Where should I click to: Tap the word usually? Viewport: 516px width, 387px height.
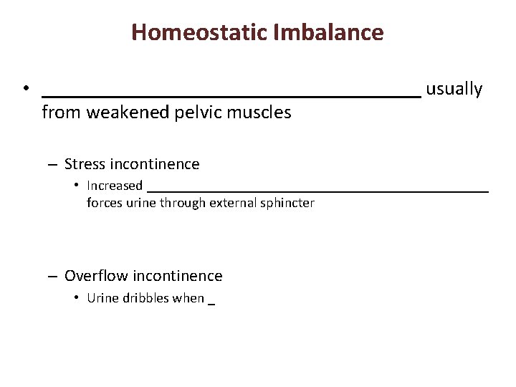coord(454,89)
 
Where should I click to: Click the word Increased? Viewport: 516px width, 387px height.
coord(115,186)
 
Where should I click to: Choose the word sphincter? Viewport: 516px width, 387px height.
coord(286,203)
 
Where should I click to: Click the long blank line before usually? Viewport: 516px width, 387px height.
coord(231,95)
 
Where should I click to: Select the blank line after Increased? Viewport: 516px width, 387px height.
coord(317,191)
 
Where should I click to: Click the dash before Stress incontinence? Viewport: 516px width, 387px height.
coord(53,165)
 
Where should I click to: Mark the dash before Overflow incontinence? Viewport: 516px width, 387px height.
coord(53,277)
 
